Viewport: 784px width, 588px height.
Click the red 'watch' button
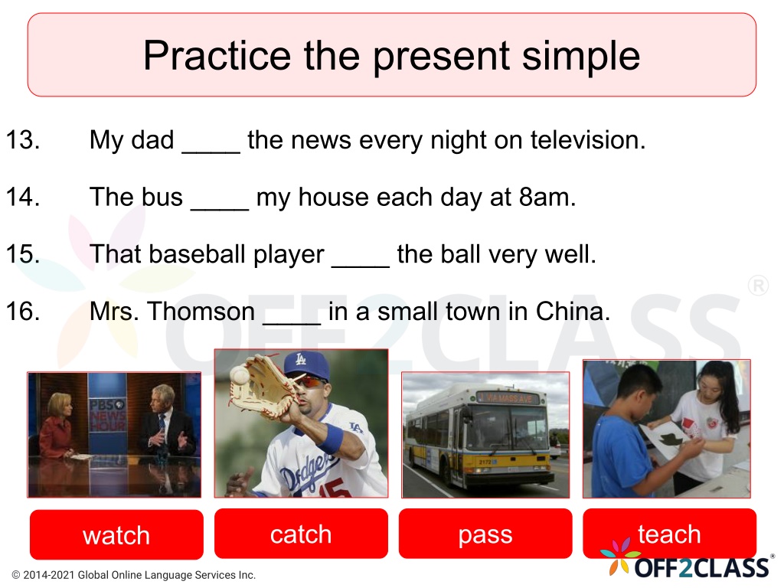tap(116, 534)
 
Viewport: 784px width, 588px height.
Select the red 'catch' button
tap(301, 534)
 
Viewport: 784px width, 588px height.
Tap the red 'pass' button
tap(485, 534)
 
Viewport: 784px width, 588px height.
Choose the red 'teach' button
tap(669, 534)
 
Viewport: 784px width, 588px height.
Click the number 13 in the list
tap(23, 139)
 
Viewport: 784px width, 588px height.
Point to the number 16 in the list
tap(23, 311)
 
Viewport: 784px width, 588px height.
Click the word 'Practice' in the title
tap(217, 55)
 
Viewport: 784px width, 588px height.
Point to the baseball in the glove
tap(239, 374)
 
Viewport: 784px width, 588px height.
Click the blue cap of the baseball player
tap(307, 367)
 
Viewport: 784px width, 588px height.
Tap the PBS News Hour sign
tap(107, 414)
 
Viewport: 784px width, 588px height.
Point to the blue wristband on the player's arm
tap(329, 437)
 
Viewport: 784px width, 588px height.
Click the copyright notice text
tap(133, 575)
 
